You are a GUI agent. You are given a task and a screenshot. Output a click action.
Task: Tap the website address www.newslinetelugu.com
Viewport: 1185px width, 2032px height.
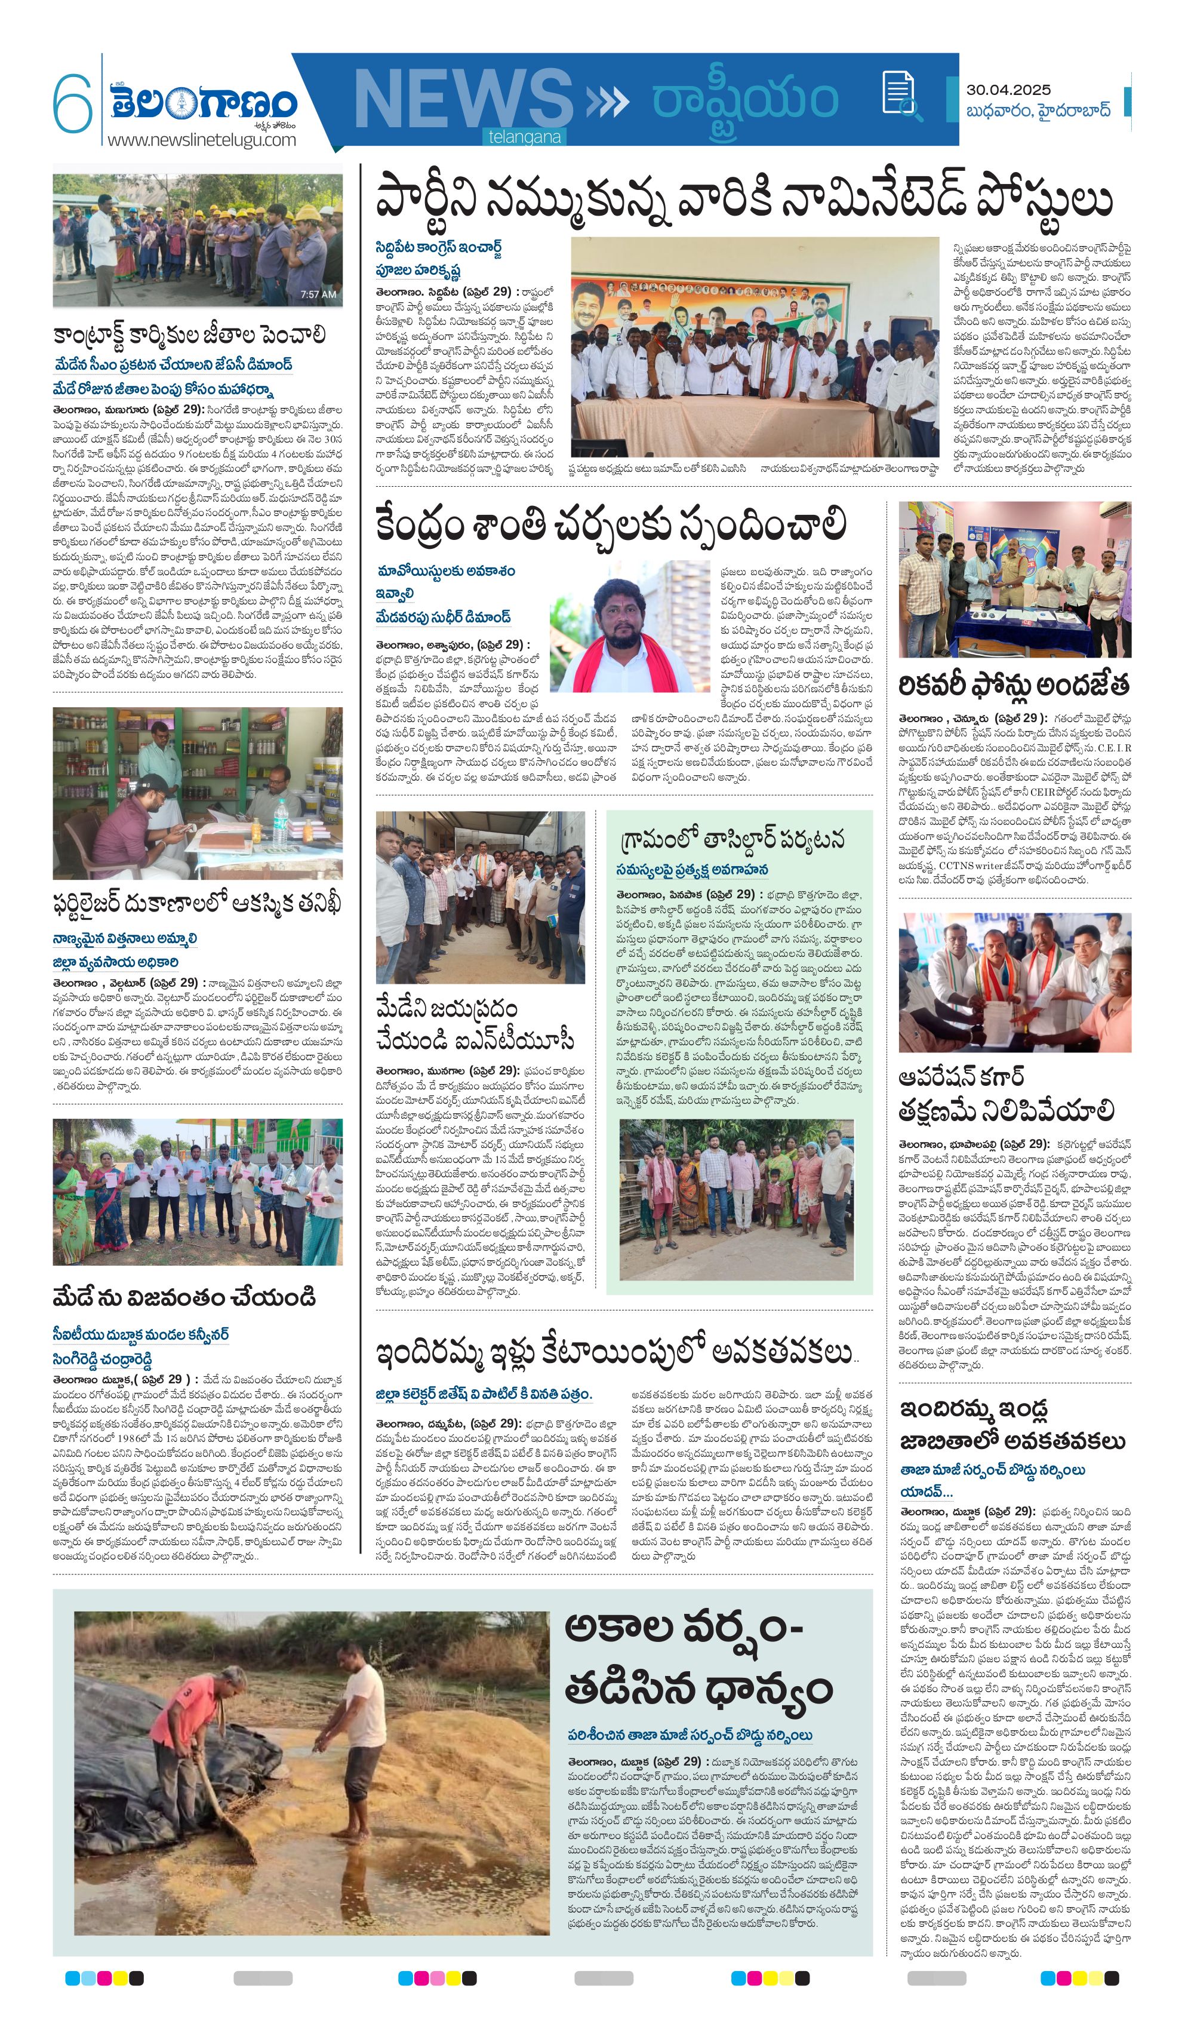click(202, 140)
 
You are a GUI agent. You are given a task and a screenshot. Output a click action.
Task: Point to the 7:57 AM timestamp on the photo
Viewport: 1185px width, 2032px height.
click(318, 294)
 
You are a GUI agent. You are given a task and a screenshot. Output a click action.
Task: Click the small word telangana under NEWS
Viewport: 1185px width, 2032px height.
click(524, 137)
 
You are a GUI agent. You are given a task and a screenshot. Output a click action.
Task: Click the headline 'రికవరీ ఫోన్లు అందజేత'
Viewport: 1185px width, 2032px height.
click(1013, 685)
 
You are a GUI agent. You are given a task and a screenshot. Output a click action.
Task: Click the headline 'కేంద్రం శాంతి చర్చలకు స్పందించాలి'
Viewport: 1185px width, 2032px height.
click(610, 524)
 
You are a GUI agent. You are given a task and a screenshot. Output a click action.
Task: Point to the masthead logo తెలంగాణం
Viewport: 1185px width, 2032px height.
click(205, 103)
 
